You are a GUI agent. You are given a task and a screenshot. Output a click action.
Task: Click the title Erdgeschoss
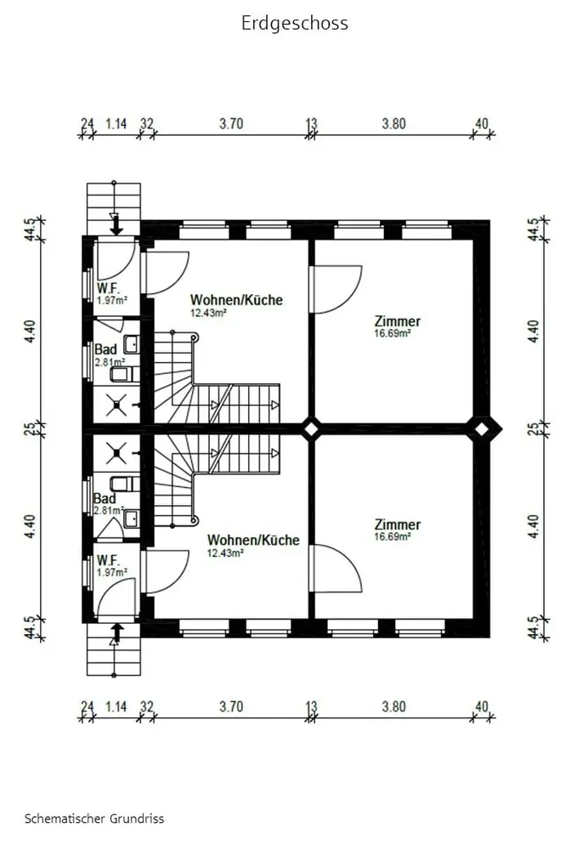pyautogui.click(x=295, y=24)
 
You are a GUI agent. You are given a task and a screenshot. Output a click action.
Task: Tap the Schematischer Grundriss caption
pyautogui.click(x=94, y=819)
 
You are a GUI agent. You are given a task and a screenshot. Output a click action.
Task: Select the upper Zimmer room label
pyautogui.click(x=397, y=321)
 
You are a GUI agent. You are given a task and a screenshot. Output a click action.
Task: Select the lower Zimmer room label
pyautogui.click(x=397, y=524)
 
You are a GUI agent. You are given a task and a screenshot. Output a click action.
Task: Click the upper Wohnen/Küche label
pyautogui.click(x=236, y=300)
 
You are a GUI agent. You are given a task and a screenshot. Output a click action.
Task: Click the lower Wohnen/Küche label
pyautogui.click(x=253, y=540)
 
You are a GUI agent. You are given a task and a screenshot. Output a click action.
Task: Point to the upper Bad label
pyautogui.click(x=105, y=349)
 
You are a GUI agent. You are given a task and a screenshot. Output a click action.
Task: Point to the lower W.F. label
pyautogui.click(x=108, y=560)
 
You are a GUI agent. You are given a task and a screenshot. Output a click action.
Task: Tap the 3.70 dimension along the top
pyautogui.click(x=231, y=123)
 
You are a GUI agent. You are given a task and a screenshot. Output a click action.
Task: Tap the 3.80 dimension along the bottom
pyautogui.click(x=393, y=707)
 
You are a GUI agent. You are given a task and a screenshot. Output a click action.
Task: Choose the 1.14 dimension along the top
pyautogui.click(x=116, y=123)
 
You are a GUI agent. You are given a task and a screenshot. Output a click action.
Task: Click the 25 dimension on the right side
pyautogui.click(x=534, y=428)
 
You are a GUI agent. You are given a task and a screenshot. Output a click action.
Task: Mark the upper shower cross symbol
pyautogui.click(x=116, y=404)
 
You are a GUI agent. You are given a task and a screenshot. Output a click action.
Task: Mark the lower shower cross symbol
pyautogui.click(x=116, y=453)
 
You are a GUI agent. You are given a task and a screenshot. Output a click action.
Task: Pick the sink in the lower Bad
pyautogui.click(x=132, y=518)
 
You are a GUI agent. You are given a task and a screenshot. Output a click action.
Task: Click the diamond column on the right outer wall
pyautogui.click(x=482, y=428)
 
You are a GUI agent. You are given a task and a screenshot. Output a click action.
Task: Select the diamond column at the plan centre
pyautogui.click(x=311, y=428)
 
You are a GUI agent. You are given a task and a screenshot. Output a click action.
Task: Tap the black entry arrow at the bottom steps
pyautogui.click(x=117, y=632)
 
